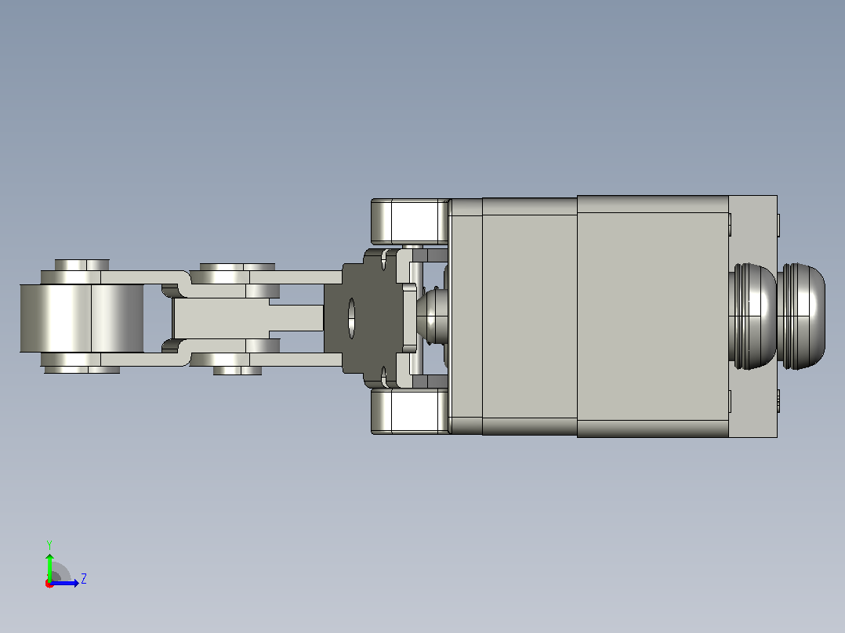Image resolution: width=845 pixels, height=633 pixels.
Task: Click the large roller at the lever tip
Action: coord(82,318)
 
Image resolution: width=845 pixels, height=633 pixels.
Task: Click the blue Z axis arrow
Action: coord(64,583)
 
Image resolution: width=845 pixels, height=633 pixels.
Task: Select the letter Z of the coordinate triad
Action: coord(84,579)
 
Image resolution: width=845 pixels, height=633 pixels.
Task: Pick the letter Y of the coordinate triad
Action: coord(49,544)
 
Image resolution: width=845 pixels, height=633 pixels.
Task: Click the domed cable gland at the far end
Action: coord(801,316)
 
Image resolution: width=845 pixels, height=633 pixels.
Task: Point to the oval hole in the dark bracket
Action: coord(351,318)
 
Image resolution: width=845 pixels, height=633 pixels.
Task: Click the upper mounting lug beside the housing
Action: coord(410,221)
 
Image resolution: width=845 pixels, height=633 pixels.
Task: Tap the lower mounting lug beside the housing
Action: coord(410,411)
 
